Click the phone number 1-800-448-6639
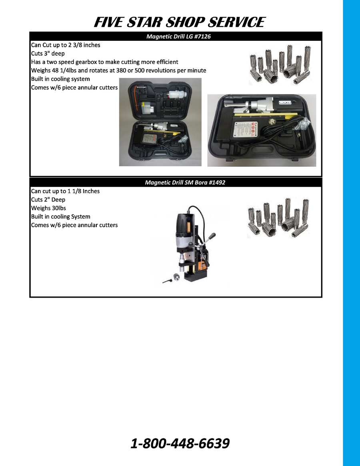[x=180, y=443]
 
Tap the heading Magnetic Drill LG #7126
[x=178, y=36]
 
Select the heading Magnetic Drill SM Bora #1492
[x=185, y=182]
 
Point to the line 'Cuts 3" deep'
[x=48, y=54]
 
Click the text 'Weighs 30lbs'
[x=48, y=208]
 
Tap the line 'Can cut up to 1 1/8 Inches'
[x=66, y=191]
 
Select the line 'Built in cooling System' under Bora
[x=61, y=217]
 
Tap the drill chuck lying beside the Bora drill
[x=176, y=278]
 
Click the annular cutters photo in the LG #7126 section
[x=280, y=64]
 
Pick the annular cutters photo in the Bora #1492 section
[x=278, y=218]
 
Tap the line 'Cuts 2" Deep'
[x=48, y=200]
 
